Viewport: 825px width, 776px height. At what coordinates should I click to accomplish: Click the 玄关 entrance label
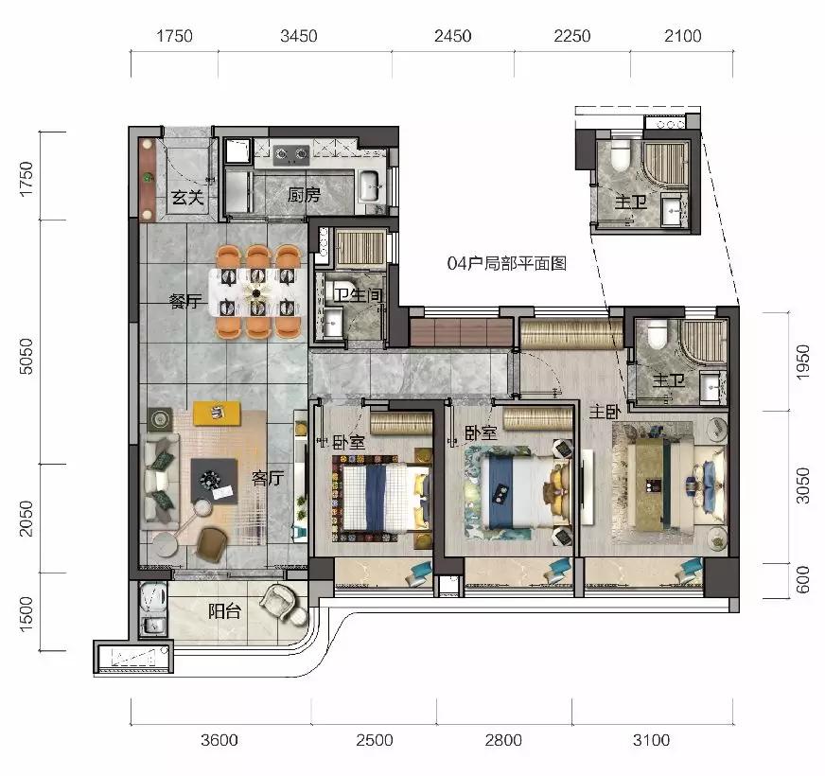tap(187, 198)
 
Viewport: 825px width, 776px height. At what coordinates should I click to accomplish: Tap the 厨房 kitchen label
tap(304, 195)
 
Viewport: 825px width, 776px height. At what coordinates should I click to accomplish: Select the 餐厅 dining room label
tap(185, 301)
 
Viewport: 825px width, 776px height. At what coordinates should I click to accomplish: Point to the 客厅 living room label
tap(268, 478)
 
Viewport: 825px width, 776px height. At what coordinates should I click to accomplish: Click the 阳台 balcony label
tap(224, 611)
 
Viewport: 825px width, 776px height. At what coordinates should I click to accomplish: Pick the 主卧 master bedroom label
tap(606, 412)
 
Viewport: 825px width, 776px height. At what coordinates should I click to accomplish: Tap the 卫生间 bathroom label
tap(358, 294)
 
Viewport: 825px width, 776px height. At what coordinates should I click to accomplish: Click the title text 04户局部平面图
tap(507, 263)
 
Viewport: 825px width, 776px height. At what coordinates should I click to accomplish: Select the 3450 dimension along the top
tap(298, 36)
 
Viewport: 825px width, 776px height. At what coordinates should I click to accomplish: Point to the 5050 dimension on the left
tap(26, 356)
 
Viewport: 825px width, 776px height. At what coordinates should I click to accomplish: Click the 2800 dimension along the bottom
tap(503, 740)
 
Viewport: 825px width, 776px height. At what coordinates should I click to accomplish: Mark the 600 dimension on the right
tap(802, 579)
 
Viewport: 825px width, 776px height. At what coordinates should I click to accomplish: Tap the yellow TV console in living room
tap(217, 413)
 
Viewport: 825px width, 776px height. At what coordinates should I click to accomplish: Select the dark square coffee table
tap(214, 481)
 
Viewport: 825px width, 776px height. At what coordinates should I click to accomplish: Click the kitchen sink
tap(372, 186)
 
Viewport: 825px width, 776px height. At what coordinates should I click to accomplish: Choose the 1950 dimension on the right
tap(802, 362)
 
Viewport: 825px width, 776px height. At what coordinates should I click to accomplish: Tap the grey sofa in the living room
tap(161, 481)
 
